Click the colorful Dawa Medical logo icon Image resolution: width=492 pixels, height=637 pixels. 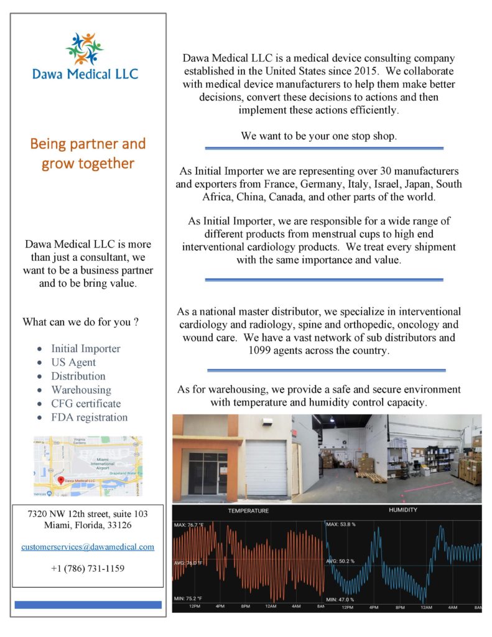tap(85, 49)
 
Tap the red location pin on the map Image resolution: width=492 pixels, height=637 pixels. tap(60, 480)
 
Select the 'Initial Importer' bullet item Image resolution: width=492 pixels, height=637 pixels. tap(86, 348)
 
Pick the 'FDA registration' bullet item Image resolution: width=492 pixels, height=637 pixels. tap(89, 417)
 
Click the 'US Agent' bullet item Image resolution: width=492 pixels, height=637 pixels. tap(73, 362)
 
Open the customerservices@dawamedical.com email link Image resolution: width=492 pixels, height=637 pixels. tap(87, 547)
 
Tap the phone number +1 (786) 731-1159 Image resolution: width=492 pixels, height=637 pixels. tap(87, 569)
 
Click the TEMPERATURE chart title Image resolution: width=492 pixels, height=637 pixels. tap(248, 511)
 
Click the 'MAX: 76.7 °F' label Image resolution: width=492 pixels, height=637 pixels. tap(193, 525)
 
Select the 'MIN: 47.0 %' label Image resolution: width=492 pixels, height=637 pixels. tap(340, 599)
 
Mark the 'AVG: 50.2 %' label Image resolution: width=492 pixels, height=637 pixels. tap(340, 561)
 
